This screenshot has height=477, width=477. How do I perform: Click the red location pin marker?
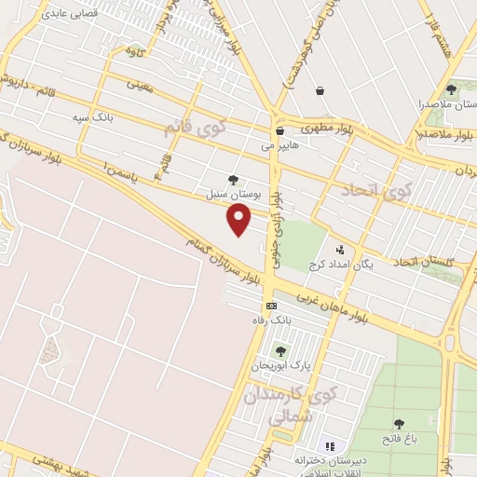240,220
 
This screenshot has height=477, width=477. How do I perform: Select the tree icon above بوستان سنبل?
233,181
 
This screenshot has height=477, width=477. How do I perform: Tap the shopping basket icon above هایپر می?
279,131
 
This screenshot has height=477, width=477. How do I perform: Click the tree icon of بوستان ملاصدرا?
451,90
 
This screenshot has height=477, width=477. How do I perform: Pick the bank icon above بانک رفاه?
271,306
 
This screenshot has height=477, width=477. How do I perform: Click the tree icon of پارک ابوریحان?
279,351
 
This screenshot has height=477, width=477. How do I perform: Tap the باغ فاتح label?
400,437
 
